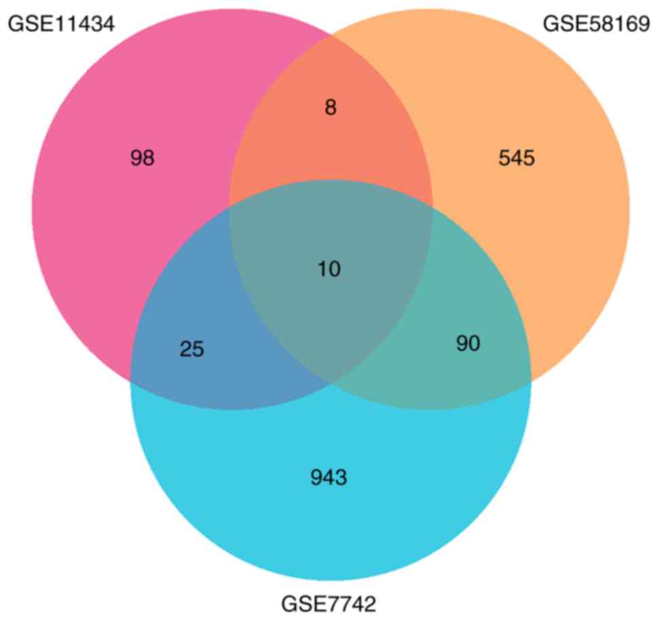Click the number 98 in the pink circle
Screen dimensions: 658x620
pyautogui.click(x=143, y=158)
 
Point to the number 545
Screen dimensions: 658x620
pyautogui.click(x=517, y=158)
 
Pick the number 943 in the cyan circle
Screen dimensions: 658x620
pyautogui.click(x=329, y=478)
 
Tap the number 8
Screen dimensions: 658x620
pyautogui.click(x=330, y=108)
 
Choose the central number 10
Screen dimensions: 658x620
pyautogui.click(x=329, y=269)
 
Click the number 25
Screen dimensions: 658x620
pyautogui.click(x=192, y=349)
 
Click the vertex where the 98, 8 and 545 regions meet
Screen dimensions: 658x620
pyautogui.click(x=331, y=33)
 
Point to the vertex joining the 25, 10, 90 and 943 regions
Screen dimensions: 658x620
pyautogui.click(x=331, y=383)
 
